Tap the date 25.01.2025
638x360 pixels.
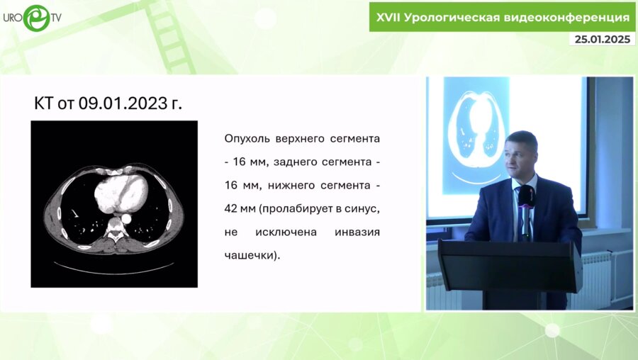602,40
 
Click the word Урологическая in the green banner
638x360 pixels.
463,17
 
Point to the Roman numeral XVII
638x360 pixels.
387,17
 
